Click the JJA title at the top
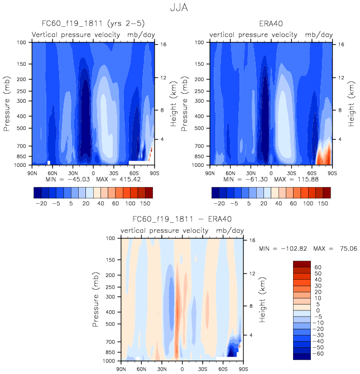180,8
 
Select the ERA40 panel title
271,24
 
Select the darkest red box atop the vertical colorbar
302,264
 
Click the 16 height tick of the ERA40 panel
340,44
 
